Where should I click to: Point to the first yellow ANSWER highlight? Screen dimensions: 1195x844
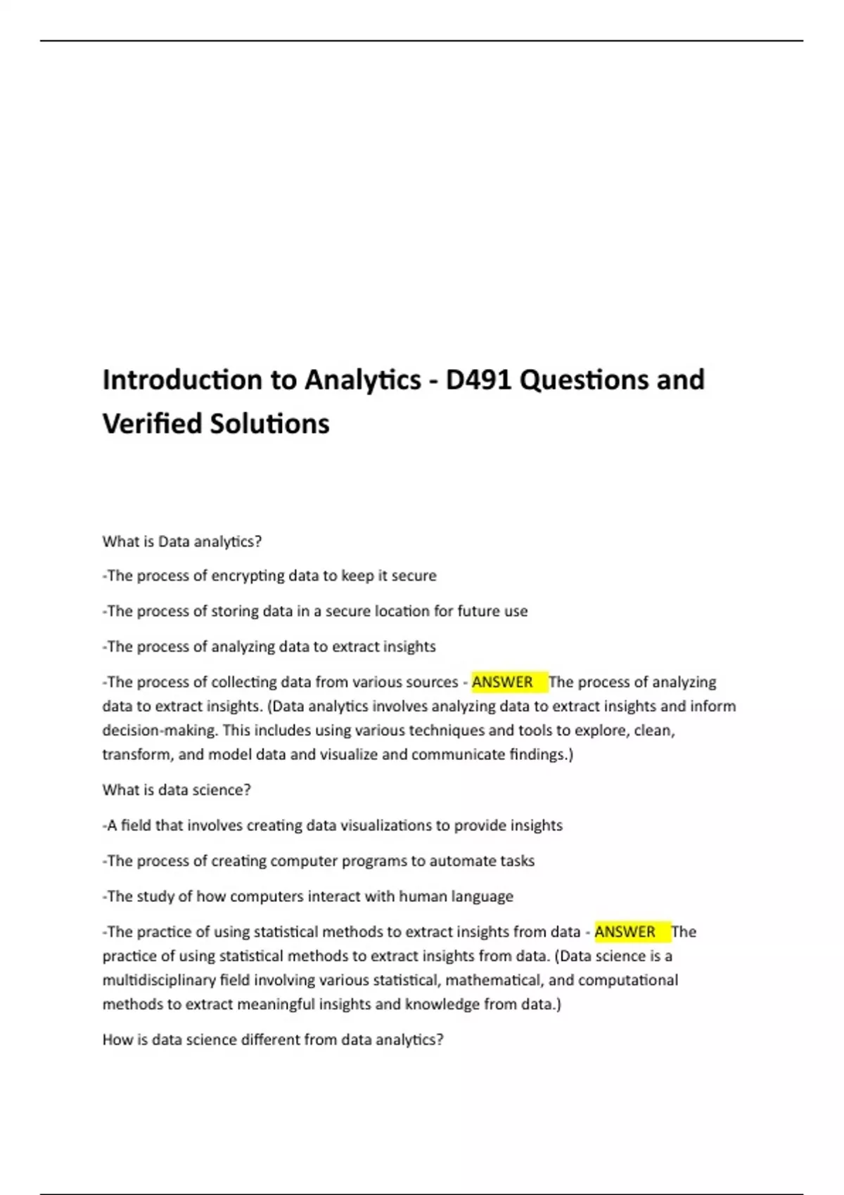tap(503, 682)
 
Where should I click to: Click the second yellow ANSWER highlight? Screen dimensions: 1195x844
tap(625, 932)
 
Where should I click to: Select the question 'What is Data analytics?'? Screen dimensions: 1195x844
tap(182, 541)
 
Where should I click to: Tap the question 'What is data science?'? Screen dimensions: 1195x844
tap(177, 790)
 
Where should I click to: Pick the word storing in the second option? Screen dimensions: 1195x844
tap(234, 612)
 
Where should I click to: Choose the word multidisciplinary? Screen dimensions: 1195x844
tap(159, 981)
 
